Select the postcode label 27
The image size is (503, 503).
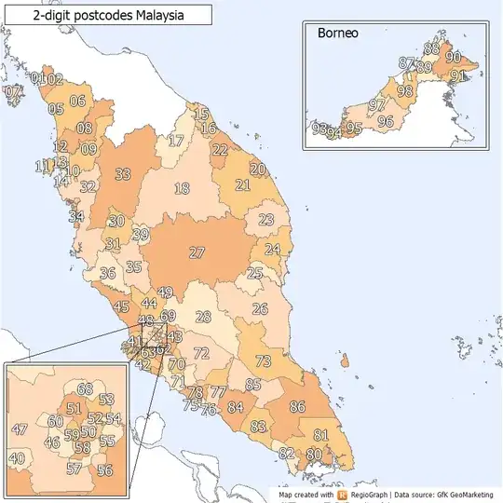tap(197, 252)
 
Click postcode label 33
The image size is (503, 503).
tap(123, 174)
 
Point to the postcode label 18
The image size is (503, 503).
tap(182, 189)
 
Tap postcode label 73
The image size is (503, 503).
tap(264, 361)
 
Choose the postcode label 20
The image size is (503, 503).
tap(258, 169)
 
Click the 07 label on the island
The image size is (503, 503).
tap(13, 92)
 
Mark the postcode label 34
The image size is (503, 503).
tap(76, 217)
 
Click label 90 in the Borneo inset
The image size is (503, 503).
tap(454, 58)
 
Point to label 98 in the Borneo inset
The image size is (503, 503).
tap(404, 91)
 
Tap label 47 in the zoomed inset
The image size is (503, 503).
tap(20, 429)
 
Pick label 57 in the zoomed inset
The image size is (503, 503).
tap(75, 469)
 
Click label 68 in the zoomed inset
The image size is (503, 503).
tap(85, 389)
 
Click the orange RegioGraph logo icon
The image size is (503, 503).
tap(343, 495)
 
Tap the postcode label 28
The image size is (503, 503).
tap(203, 317)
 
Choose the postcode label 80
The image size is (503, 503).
tap(314, 454)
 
